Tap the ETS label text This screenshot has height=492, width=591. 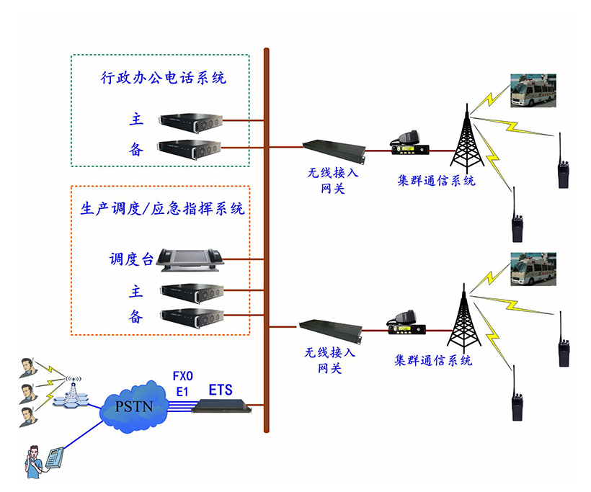point(221,390)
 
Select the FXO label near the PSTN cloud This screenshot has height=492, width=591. point(183,376)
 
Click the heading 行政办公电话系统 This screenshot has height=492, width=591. point(163,78)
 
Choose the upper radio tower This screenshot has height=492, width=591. point(465,137)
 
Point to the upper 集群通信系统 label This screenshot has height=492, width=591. point(436,181)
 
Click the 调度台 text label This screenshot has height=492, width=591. point(131,259)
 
